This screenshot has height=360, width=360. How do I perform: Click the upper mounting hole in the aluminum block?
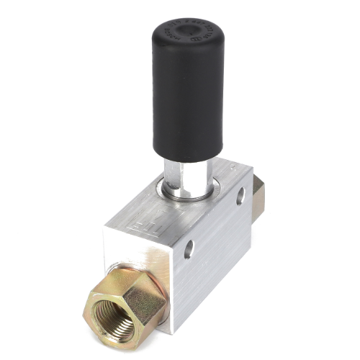[240, 196]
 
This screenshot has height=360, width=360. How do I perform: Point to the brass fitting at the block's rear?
[258, 194]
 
